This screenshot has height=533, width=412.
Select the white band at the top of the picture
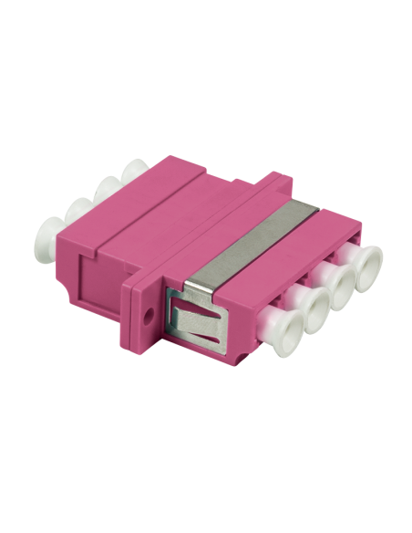click(x=206, y=27)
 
